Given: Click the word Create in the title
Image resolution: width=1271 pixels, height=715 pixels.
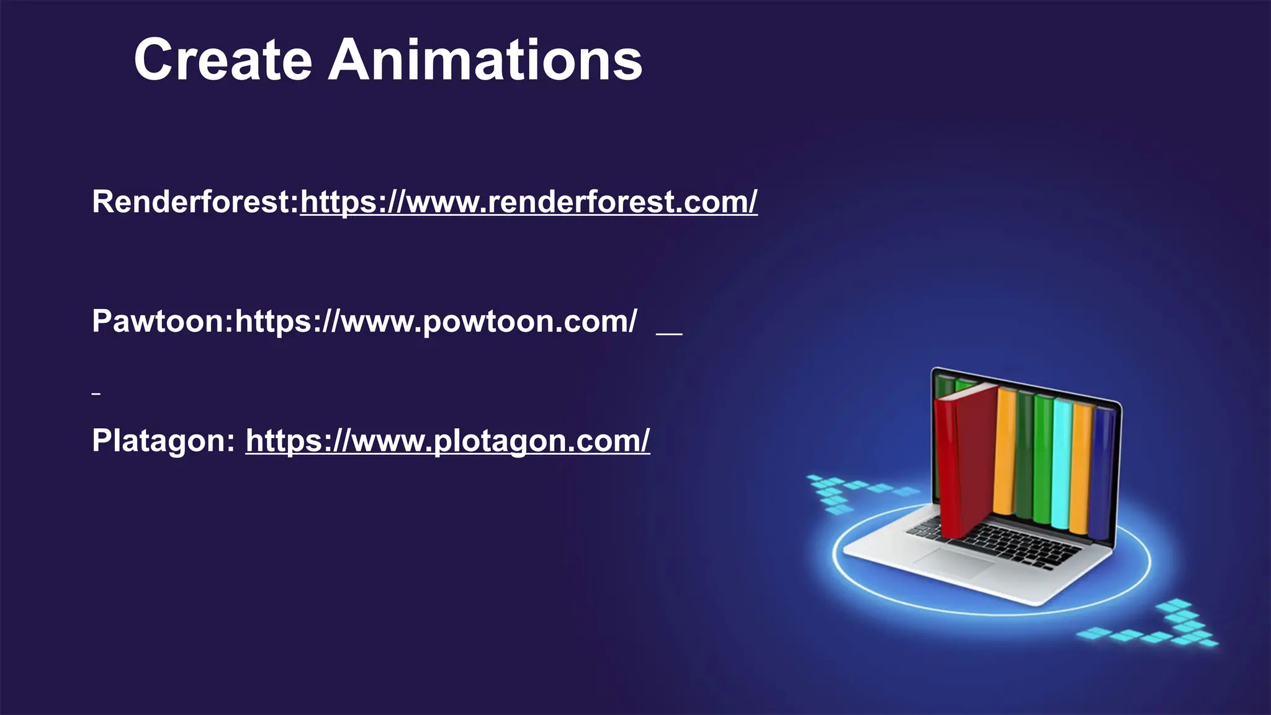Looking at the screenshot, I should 222,60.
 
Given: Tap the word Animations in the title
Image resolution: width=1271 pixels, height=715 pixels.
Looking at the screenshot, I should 485,60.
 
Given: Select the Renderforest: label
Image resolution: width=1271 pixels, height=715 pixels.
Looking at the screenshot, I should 195,202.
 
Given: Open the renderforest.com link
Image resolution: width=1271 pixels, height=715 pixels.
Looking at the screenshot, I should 529,202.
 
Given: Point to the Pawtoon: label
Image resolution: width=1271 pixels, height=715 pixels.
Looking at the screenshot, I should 163,321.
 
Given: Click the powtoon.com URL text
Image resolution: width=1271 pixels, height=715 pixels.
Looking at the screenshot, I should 436,321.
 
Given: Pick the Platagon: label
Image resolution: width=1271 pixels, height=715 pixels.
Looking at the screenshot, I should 163,440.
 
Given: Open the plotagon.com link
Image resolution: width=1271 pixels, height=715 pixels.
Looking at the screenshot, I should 447,440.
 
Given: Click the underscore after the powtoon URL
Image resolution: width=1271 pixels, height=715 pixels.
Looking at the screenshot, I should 669,334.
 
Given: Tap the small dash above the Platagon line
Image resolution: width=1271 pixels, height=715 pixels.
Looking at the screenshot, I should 96,393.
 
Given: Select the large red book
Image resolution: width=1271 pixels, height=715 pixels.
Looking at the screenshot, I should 965,459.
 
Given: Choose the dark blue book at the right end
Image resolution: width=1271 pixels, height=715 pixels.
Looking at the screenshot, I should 1101,472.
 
